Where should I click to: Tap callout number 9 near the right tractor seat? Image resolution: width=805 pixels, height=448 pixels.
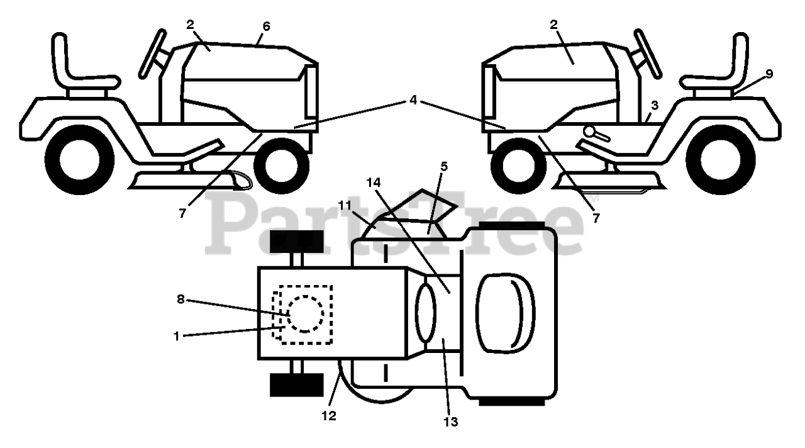769,74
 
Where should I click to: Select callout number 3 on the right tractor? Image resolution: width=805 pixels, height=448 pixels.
655,105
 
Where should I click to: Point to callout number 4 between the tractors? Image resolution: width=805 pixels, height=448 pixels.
413,99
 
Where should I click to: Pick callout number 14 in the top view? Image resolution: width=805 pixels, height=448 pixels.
374,182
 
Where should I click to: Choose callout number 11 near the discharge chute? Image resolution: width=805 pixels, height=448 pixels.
345,205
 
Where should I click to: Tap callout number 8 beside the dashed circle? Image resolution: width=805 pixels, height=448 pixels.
181,300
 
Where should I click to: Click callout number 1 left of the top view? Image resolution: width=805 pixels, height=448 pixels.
177,336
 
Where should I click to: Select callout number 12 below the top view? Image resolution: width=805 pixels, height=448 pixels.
328,416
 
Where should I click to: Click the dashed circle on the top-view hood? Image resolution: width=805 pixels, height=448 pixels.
305,313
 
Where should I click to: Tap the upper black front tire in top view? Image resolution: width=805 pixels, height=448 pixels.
296,242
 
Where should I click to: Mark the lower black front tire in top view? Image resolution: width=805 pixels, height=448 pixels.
296,384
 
